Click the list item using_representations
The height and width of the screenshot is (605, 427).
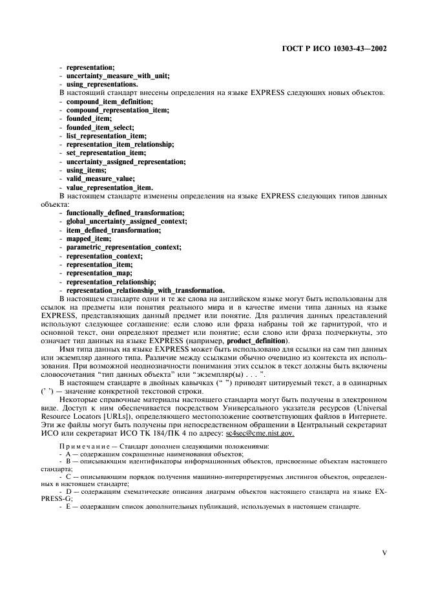coord(102,85)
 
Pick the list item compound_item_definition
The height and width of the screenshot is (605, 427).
coord(110,101)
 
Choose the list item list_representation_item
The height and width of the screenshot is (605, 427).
coord(107,136)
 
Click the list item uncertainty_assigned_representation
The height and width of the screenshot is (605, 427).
coord(126,162)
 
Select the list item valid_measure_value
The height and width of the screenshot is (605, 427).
coord(101,178)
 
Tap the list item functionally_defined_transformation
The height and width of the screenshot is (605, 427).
coord(125,213)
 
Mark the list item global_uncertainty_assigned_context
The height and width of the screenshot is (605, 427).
coord(127,221)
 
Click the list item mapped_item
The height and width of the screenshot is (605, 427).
coord(89,239)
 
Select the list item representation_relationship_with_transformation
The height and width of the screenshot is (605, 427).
coord(145,290)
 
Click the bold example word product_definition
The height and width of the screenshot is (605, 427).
coord(258,341)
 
